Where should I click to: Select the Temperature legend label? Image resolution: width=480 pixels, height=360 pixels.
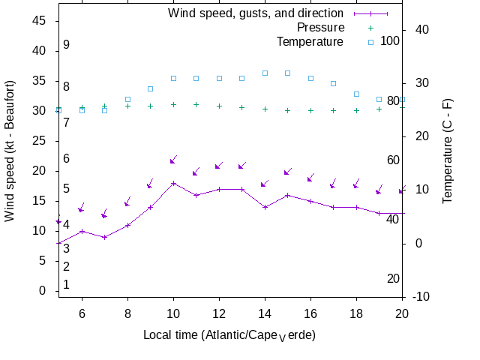(310, 41)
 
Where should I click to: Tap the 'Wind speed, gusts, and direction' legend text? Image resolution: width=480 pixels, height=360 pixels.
(256, 13)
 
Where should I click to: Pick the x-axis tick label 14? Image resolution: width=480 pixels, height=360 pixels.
(265, 314)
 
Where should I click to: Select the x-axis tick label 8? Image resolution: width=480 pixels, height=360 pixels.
(127, 314)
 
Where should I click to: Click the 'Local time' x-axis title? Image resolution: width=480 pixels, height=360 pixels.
(229, 334)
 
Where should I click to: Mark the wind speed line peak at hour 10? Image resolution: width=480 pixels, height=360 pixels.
(173, 183)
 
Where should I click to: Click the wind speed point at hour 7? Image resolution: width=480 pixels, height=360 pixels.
(105, 237)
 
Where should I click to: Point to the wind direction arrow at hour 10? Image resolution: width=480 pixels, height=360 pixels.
(173, 160)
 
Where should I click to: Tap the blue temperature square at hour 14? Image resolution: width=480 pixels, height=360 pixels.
(265, 73)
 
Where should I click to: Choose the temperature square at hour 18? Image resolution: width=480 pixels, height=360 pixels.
(356, 94)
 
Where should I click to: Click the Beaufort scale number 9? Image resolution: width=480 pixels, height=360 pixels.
(66, 45)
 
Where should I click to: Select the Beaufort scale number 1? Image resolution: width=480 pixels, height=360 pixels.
(66, 285)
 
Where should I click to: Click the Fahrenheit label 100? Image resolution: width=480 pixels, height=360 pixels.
(390, 40)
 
